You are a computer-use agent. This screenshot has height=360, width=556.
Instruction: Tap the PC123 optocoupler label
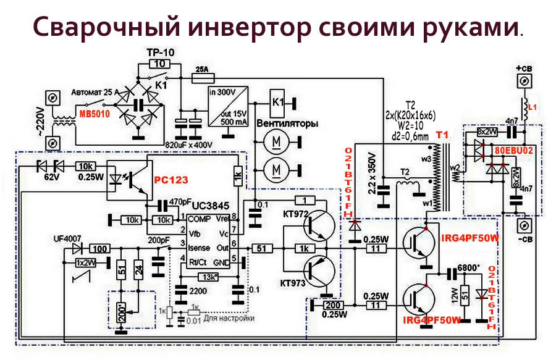pos(170,179)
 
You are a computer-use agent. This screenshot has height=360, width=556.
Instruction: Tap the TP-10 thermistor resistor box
pos(159,64)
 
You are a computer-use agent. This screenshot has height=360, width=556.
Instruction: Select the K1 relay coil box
pos(279,101)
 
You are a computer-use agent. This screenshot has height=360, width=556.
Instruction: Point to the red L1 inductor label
pos(534,107)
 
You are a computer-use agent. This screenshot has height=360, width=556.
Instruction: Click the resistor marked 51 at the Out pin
pos(261,248)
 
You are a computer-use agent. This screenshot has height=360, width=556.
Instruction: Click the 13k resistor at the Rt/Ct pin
pos(210,276)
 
